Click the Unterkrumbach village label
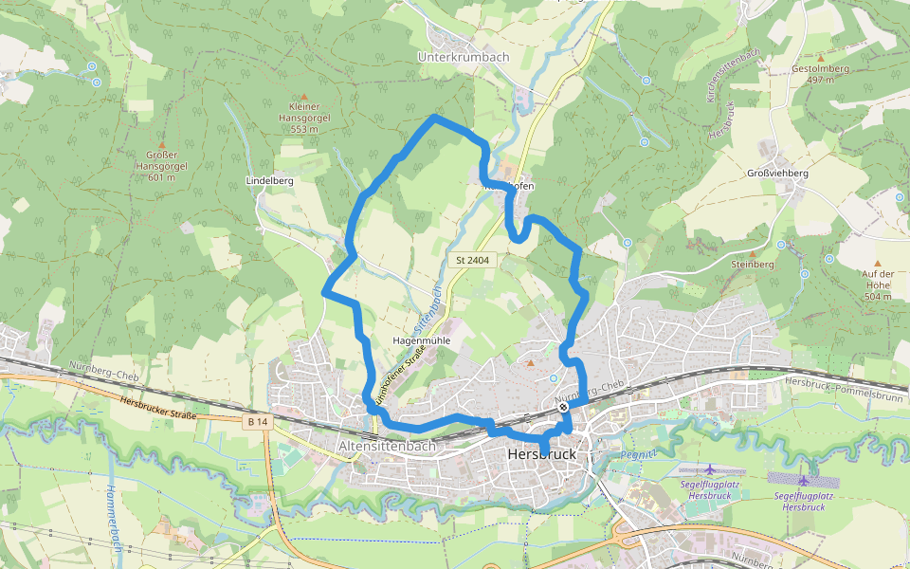click(464, 57)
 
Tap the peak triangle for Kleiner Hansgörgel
click(304, 97)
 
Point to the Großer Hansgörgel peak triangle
click(161, 144)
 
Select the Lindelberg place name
click(269, 180)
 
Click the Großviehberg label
click(777, 174)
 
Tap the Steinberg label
click(754, 264)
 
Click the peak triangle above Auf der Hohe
click(877, 263)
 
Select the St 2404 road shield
click(471, 259)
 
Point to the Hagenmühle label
click(420, 340)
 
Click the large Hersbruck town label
click(542, 455)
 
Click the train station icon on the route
click(563, 407)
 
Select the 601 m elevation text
click(161, 176)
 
